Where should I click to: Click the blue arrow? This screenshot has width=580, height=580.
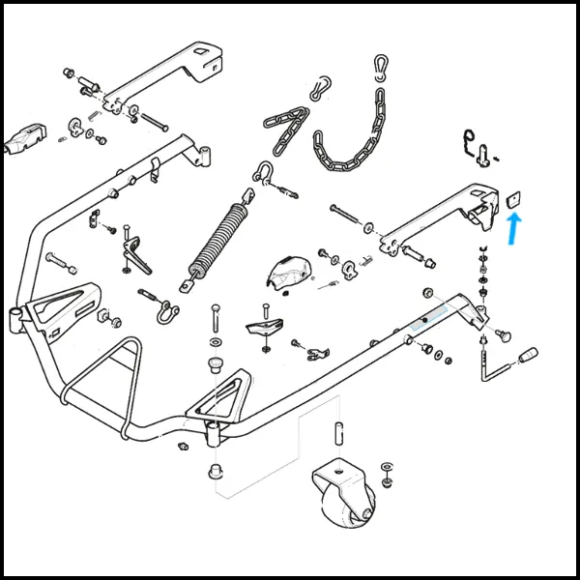coord(513,230)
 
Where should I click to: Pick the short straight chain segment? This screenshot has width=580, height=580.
coord(286,130)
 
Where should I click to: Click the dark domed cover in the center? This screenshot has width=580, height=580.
coord(289,273)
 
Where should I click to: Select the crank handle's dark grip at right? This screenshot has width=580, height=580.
coord(529,357)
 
